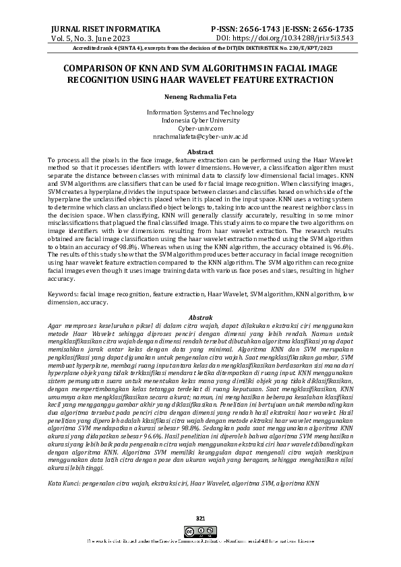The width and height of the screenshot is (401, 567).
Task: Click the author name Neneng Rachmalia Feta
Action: (200, 96)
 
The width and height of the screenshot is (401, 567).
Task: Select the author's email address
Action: (200, 136)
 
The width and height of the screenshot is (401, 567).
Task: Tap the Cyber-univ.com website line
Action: (200, 128)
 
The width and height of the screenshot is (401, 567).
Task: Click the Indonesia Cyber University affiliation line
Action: (200, 120)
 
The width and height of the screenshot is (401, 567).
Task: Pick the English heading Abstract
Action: (200, 152)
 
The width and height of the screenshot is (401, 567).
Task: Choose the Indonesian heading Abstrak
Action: (200, 317)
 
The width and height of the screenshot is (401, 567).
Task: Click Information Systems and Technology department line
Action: (200, 112)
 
